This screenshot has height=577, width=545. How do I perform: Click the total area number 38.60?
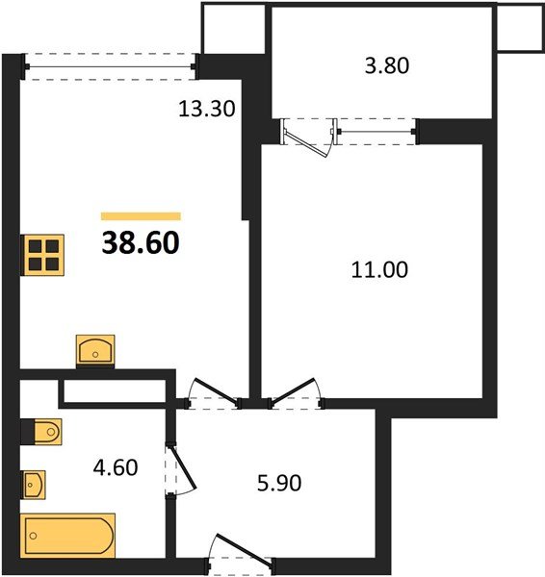[x=141, y=243]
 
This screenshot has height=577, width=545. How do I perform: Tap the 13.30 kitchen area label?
[x=206, y=109]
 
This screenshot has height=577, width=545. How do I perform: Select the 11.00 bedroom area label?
[x=379, y=269]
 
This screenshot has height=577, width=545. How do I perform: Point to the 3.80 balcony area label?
[x=387, y=65]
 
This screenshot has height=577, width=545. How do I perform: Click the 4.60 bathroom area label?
[x=116, y=467]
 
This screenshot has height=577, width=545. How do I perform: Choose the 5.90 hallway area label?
[x=279, y=483]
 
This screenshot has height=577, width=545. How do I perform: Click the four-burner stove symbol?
[x=42, y=255]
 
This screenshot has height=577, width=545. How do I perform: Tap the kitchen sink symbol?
[x=95, y=351]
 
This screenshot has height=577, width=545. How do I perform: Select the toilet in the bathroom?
[x=41, y=432]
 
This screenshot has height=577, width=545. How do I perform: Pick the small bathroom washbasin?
[x=33, y=485]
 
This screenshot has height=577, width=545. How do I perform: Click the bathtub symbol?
[x=67, y=536]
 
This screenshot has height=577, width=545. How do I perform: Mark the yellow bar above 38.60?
[x=141, y=216]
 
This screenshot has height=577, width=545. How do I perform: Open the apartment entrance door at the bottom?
[x=241, y=552]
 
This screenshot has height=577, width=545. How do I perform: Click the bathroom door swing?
[x=181, y=470]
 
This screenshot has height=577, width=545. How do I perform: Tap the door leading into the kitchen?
[x=213, y=393]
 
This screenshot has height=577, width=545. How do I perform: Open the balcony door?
[x=309, y=138]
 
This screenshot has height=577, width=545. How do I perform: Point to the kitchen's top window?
[x=110, y=66]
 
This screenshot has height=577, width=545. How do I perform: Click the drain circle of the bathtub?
[x=33, y=536]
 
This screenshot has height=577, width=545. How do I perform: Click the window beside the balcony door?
[x=376, y=132]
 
